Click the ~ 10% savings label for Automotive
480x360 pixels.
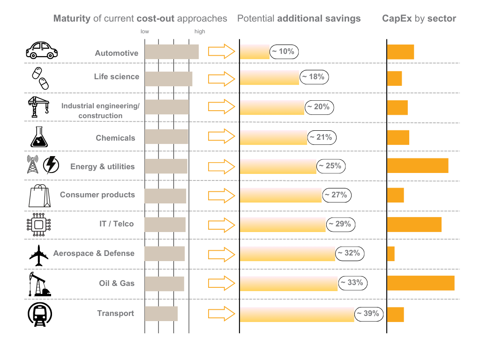[x=284, y=52]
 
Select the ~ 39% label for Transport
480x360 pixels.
[x=369, y=314]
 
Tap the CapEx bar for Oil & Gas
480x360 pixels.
[x=420, y=283]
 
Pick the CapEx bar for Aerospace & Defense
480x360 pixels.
[x=391, y=254]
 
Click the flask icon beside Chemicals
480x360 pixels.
[x=39, y=136]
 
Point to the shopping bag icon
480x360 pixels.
[x=39, y=195]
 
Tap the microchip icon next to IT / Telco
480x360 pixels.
[x=38, y=224]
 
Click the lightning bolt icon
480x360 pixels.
[x=51, y=165]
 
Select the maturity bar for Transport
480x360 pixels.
[x=161, y=314]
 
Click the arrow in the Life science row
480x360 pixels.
[x=221, y=79]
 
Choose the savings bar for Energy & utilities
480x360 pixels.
[x=278, y=166]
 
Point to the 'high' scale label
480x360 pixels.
[x=200, y=32]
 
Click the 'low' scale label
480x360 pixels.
[x=145, y=32]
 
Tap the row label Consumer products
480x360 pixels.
[x=97, y=195]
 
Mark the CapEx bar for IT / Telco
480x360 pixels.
[x=414, y=225]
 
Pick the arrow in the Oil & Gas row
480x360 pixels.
[x=221, y=283]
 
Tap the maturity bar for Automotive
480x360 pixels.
[x=172, y=52]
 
